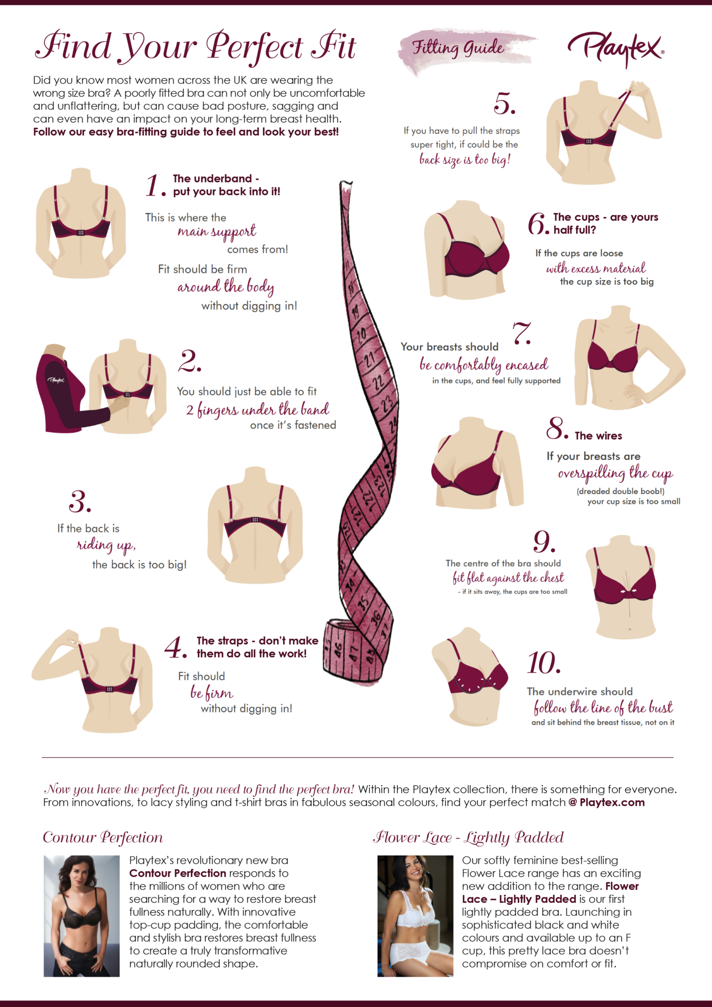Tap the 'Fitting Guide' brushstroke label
click(458, 48)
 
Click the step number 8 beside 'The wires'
click(557, 428)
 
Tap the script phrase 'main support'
click(217, 232)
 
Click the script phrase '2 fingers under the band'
click(258, 410)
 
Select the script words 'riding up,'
click(106, 545)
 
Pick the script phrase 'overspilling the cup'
click(615, 474)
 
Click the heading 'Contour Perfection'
click(103, 837)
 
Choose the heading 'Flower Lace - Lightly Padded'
click(468, 837)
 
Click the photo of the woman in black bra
click(82, 916)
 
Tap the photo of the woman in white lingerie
click(415, 916)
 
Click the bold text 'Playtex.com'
click(612, 802)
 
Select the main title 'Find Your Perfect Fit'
click(196, 47)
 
